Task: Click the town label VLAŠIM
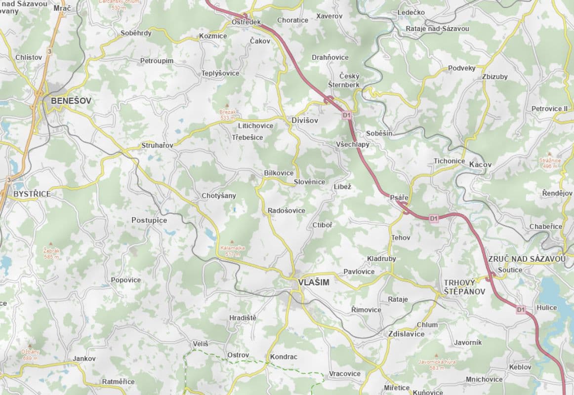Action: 313,282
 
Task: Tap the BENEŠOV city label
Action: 71,100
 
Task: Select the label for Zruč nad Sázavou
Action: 527,259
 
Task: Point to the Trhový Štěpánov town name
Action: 464,287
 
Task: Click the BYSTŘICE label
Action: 32,194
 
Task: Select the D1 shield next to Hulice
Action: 520,310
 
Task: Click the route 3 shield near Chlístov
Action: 49,51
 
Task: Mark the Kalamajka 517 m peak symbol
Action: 232,242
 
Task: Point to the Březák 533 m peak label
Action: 228,115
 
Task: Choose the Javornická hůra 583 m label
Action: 436,364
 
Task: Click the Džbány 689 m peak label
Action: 30,355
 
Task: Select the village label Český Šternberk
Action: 349,80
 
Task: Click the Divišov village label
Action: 305,120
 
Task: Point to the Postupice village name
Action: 149,220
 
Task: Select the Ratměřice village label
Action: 118,382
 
